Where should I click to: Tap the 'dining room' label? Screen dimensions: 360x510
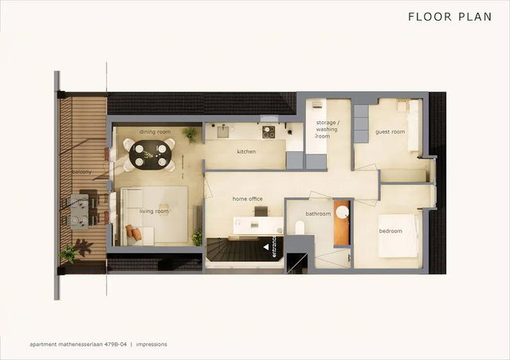tap(155, 131)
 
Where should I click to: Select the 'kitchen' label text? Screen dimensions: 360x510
tap(246, 151)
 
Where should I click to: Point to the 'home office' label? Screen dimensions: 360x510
tap(247, 198)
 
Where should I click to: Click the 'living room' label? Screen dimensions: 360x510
tap(154, 211)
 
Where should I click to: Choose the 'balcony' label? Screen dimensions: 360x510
tap(80, 172)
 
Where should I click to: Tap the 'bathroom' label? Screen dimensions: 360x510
tap(318, 213)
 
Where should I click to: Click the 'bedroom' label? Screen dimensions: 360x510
tap(390, 231)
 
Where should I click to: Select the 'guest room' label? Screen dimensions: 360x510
tap(390, 131)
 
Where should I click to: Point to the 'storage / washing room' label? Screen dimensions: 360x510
tap(327, 129)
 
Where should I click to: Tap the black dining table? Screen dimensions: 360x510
tap(151, 154)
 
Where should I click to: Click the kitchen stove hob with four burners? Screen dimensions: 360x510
tap(269, 131)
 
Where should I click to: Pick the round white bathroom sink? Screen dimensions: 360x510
tap(342, 212)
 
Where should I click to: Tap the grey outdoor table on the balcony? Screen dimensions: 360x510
tap(80, 211)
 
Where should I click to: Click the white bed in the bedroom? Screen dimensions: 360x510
tap(398, 237)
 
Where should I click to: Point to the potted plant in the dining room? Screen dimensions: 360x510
tap(190, 135)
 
